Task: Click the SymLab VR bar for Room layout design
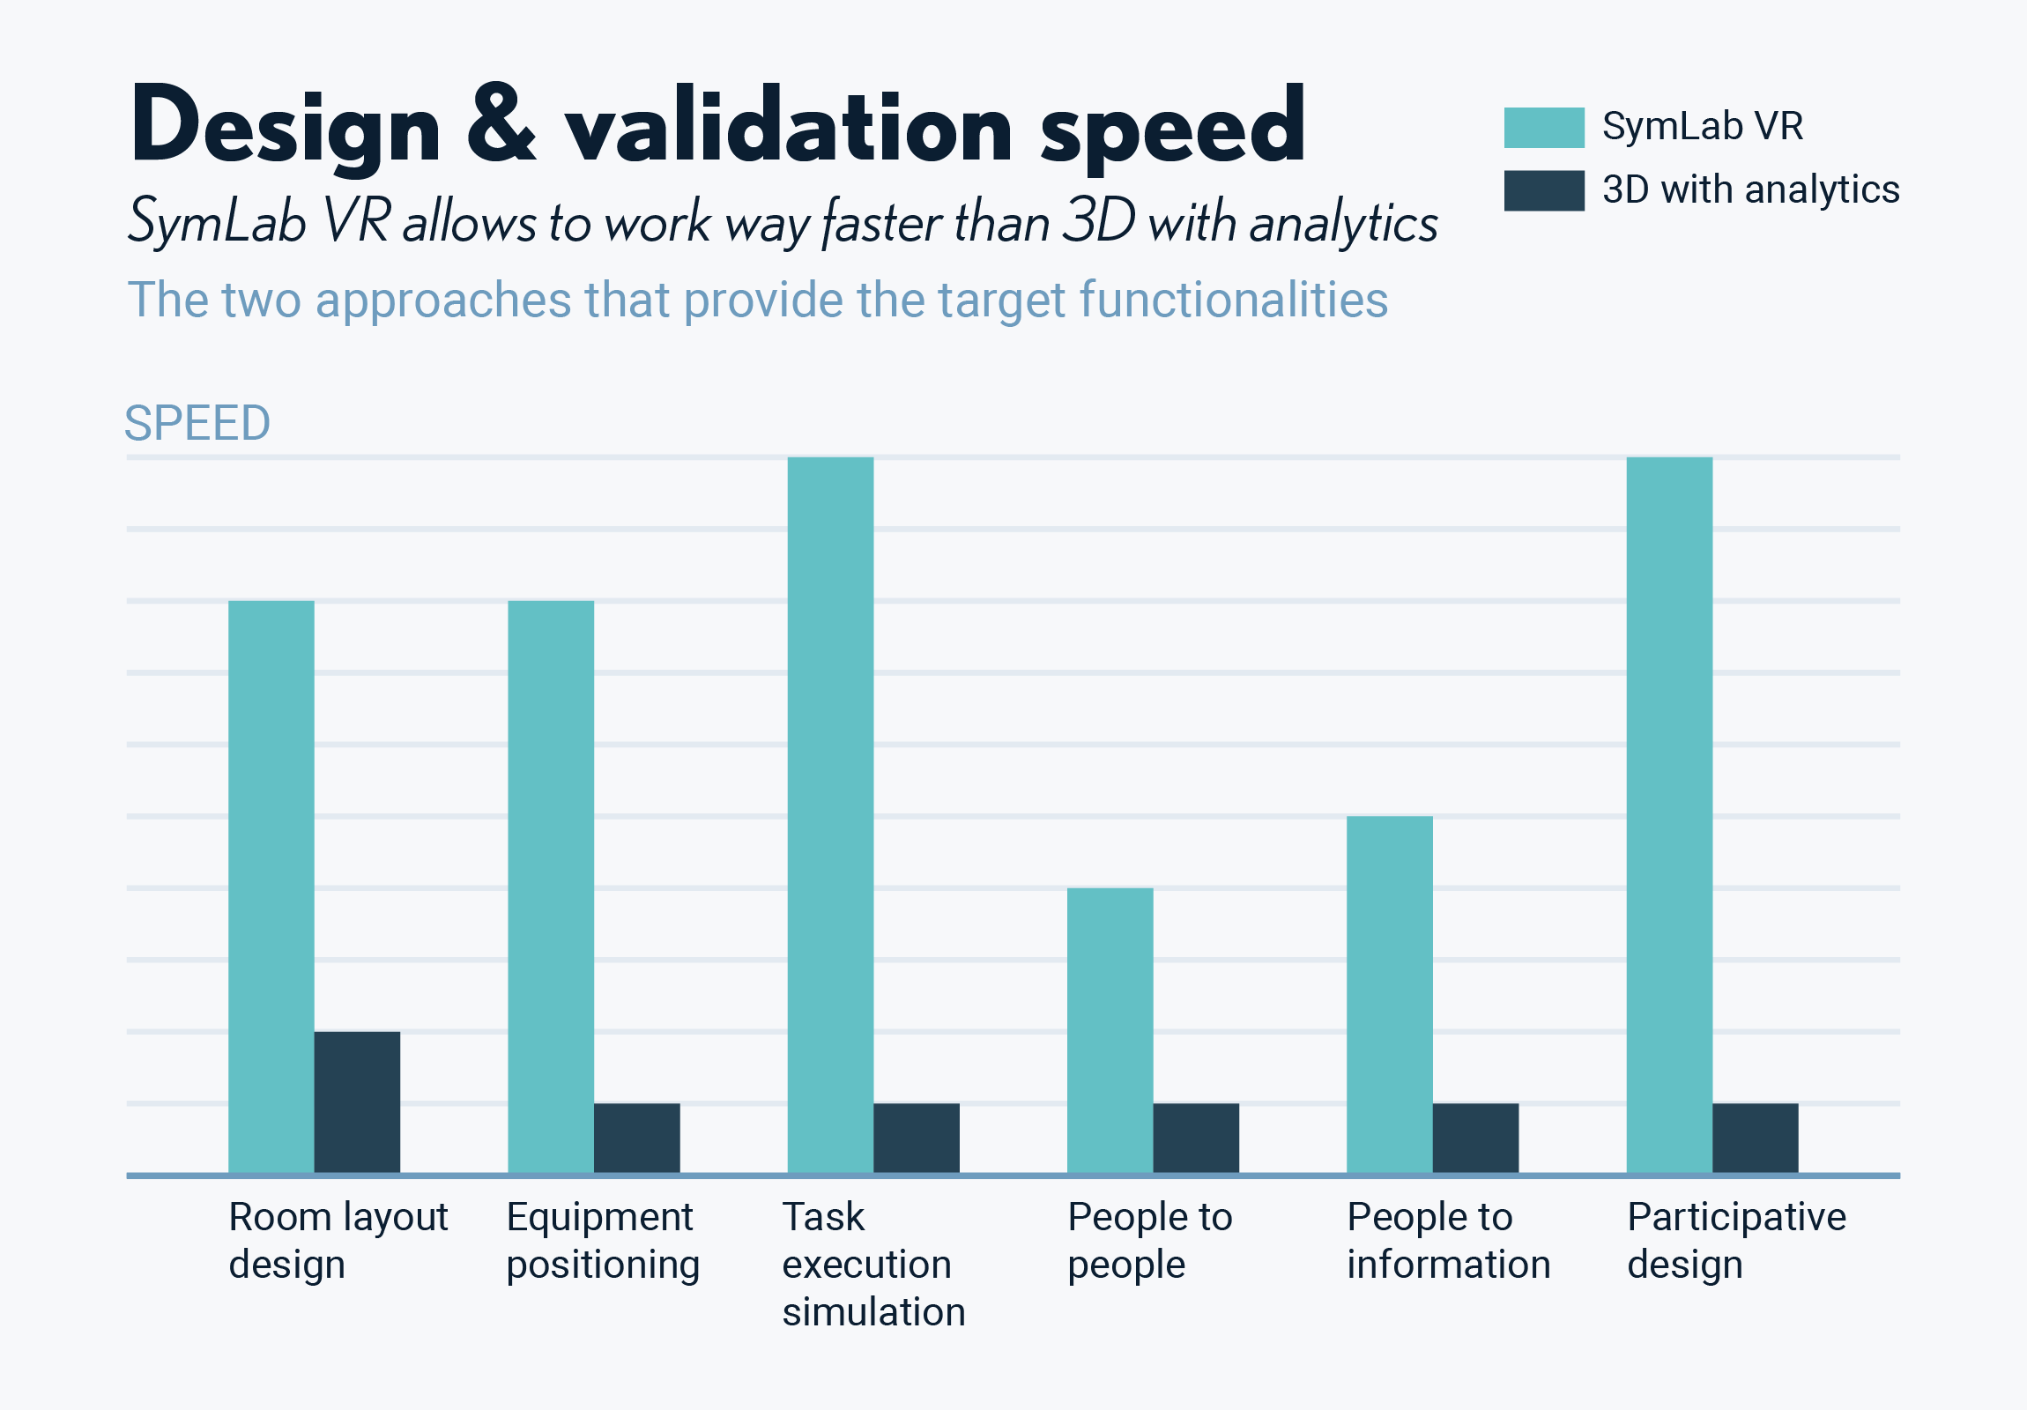271,887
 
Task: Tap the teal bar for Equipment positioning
550,887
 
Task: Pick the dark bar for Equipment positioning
636,1138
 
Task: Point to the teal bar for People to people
1110,1030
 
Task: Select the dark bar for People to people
1195,1138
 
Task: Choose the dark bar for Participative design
1754,1138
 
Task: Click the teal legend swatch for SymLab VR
1543,127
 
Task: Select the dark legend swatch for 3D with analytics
1543,190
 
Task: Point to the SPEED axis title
197,423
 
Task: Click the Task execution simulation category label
872,1264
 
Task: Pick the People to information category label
1447,1241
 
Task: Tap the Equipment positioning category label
603,1241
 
